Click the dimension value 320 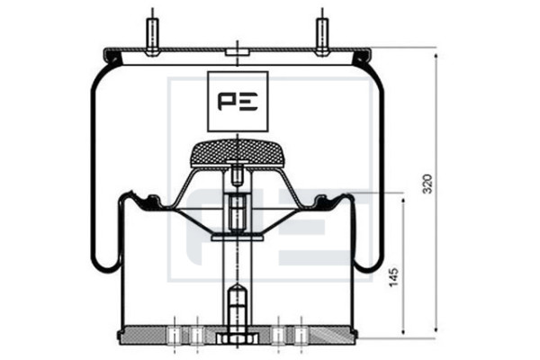[x=427, y=184]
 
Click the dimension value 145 [x=394, y=276]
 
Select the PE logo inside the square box [x=238, y=102]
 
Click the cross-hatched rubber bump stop [x=238, y=153]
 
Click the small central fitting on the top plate [x=238, y=52]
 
